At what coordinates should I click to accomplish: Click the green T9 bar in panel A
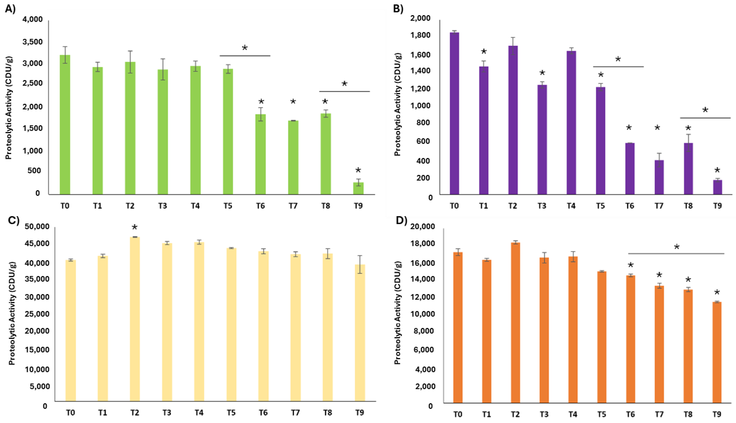coord(358,188)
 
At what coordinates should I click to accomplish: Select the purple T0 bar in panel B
coord(454,113)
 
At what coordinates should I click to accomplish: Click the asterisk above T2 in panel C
coord(134,227)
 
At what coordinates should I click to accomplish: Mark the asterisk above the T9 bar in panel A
coord(358,170)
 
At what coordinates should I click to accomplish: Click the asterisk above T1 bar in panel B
coord(484,51)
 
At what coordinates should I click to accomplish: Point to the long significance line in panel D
coord(676,254)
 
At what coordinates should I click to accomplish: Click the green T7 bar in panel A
coord(293,157)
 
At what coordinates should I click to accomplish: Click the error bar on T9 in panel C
coord(360,264)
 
